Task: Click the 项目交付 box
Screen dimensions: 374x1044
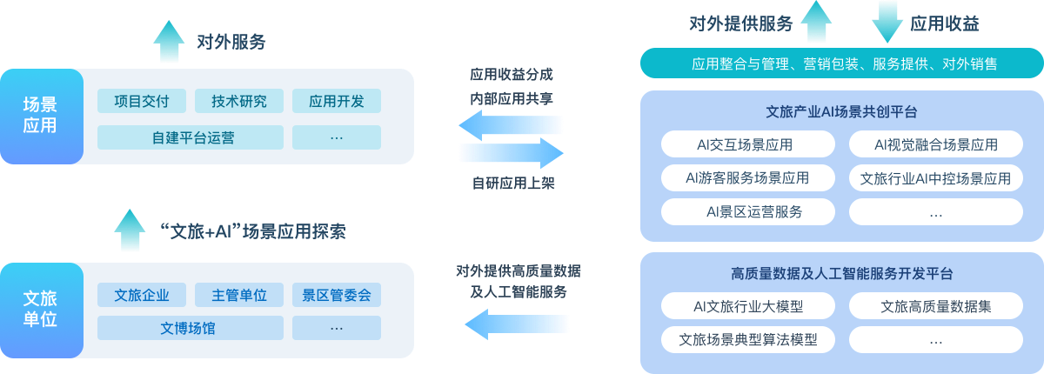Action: point(141,101)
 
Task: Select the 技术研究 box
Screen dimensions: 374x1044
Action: point(238,101)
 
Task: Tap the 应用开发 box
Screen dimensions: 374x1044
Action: point(336,101)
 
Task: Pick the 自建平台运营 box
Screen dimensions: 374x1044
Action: point(190,137)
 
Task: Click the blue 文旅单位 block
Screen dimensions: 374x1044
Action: point(41,310)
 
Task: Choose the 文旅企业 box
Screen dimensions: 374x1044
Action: point(141,295)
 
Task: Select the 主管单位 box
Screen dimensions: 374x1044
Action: point(238,295)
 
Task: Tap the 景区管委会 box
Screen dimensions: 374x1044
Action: point(336,295)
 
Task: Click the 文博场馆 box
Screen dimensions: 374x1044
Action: point(190,328)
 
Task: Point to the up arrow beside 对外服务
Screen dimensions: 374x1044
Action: point(169,41)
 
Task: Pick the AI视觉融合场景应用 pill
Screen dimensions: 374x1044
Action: point(935,144)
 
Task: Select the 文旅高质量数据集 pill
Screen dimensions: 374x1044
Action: point(935,306)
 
